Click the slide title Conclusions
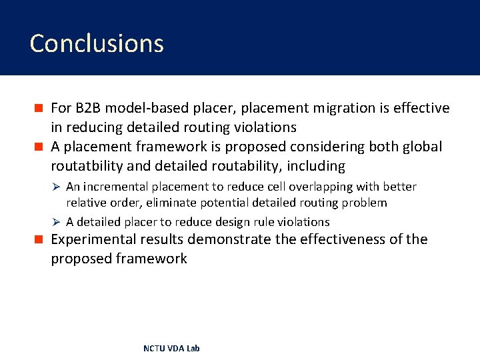(97, 43)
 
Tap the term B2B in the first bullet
(89, 108)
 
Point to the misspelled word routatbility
(87, 166)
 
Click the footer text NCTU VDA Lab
(171, 349)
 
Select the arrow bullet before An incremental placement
(57, 187)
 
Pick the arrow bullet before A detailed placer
(57, 222)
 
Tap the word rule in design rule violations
(265, 222)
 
